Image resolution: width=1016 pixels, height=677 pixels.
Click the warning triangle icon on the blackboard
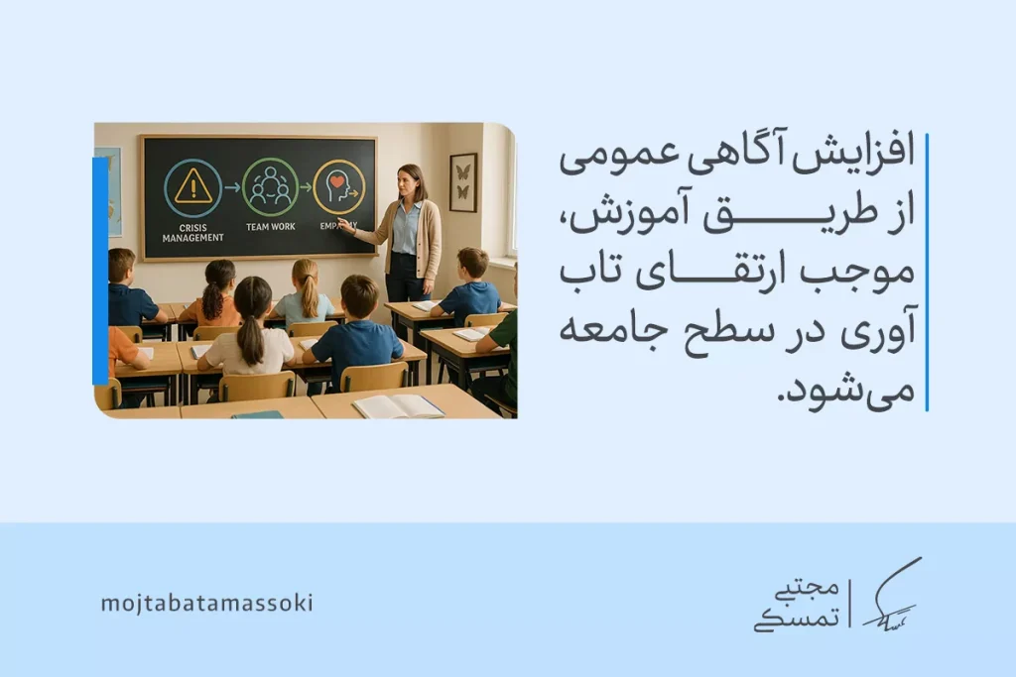point(192,186)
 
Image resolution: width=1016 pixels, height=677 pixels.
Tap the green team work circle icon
point(270,186)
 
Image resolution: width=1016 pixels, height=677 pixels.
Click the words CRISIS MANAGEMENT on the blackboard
point(191,232)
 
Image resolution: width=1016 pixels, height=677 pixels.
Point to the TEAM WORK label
point(270,227)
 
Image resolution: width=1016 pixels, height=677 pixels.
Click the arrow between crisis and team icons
point(231,186)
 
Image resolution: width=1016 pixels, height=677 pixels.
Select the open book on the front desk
point(398,405)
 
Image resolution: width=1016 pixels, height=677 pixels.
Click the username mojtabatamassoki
point(206,603)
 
